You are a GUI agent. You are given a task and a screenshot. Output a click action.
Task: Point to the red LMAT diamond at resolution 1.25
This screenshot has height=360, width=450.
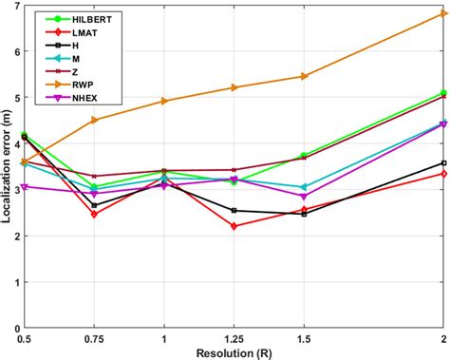tap(234, 226)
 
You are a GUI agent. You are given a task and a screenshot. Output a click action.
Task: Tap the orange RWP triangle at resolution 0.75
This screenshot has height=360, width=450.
tap(94, 120)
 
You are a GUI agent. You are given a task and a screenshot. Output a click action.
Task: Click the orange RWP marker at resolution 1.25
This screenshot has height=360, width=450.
tap(234, 87)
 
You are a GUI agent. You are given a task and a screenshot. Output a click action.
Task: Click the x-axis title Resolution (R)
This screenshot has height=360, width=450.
tap(234, 352)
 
